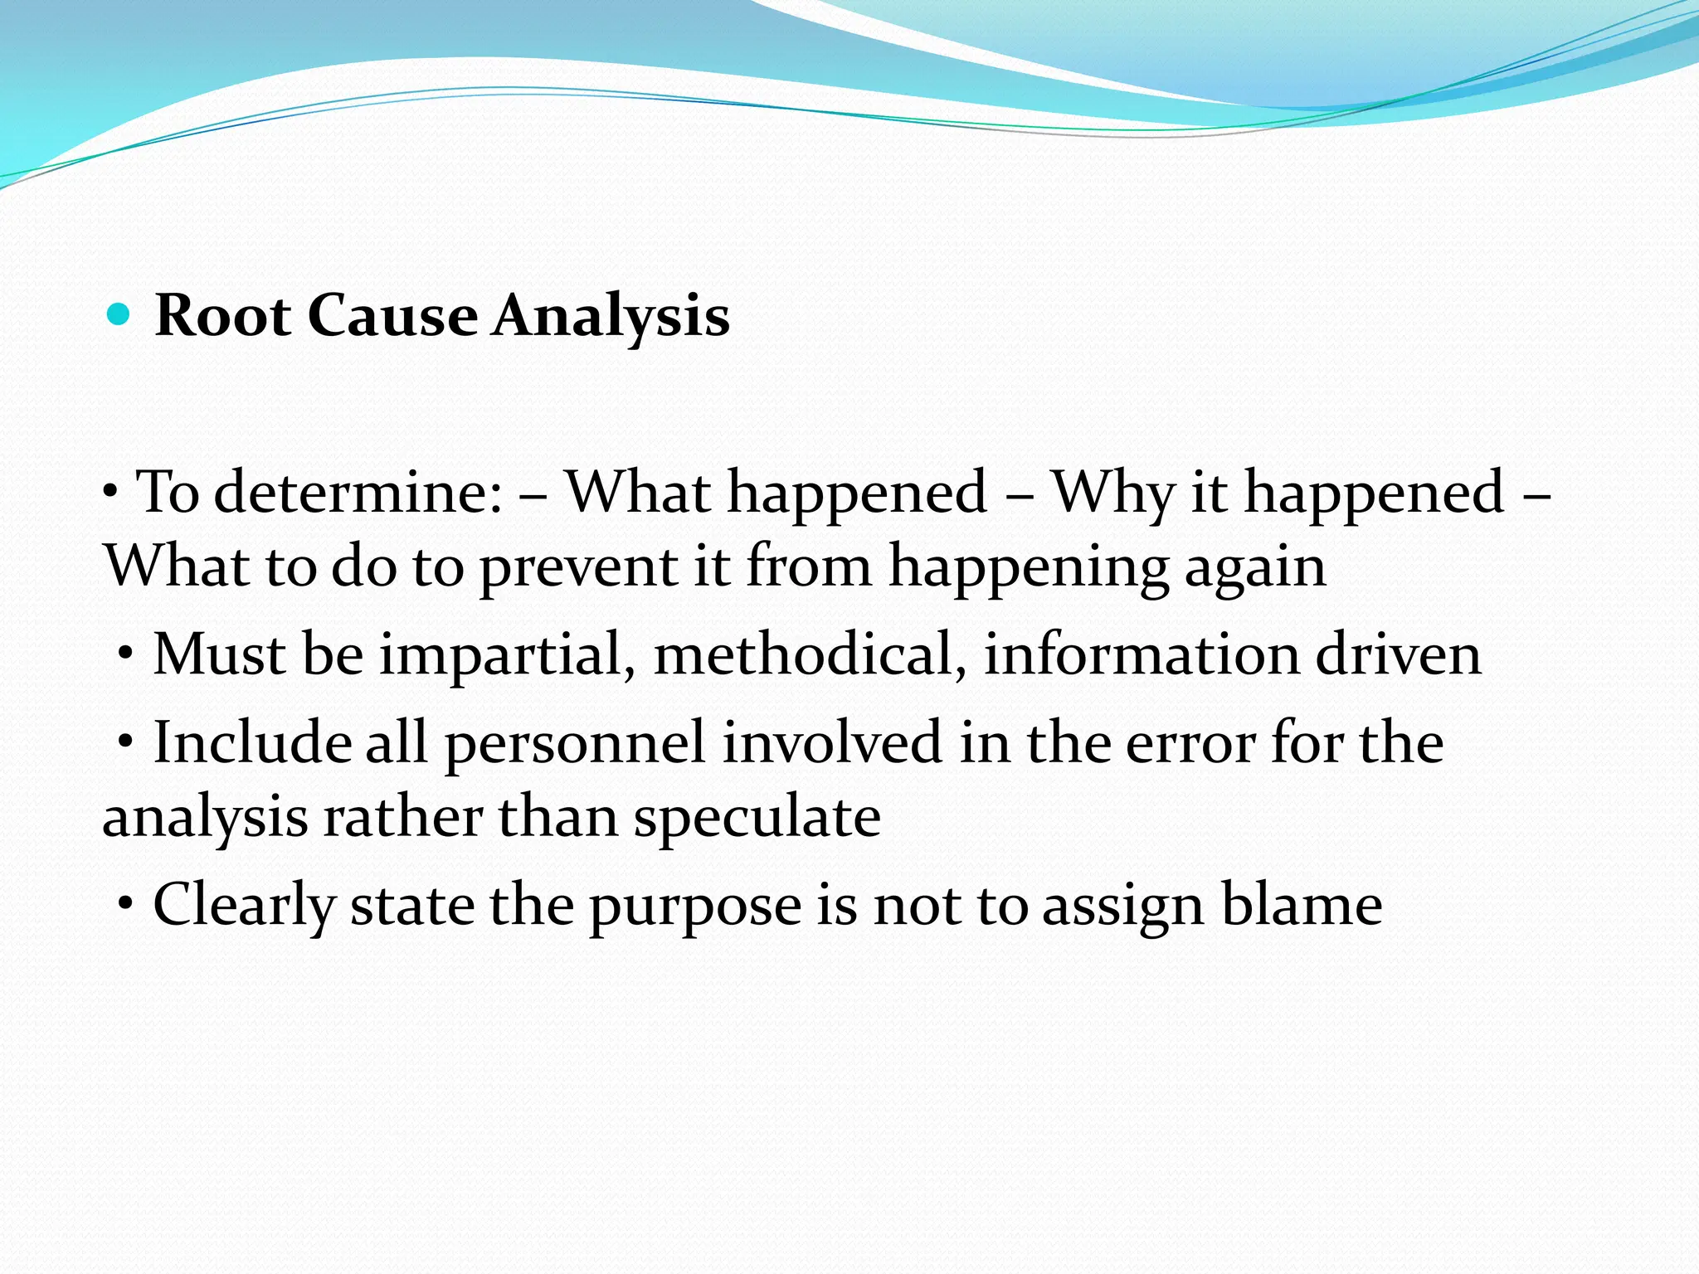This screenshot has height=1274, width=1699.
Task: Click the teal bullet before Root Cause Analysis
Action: pos(119,316)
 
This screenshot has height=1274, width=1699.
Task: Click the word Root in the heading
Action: pos(222,316)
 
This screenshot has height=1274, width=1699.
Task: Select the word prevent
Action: pos(578,568)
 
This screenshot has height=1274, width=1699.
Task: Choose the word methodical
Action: pos(809,655)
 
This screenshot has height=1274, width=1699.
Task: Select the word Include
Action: pos(252,742)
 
